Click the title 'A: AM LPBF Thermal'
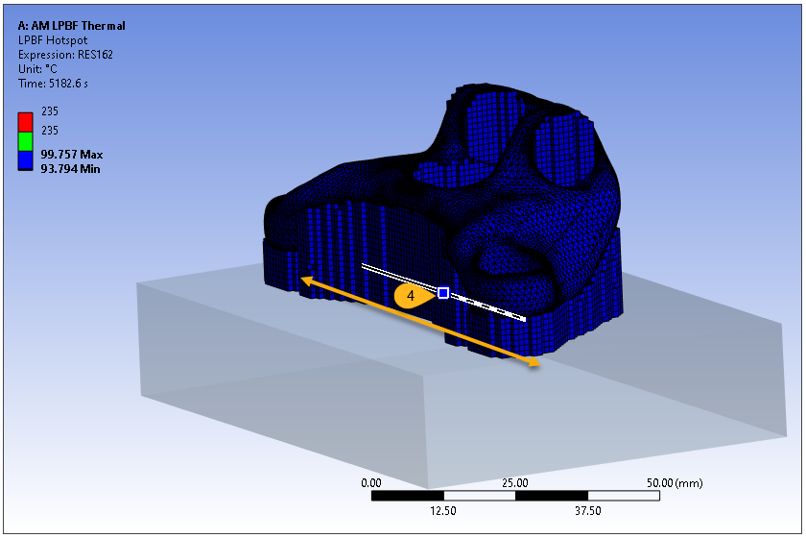pyautogui.click(x=71, y=26)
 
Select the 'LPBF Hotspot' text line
pyautogui.click(x=53, y=40)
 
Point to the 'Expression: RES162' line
pyautogui.click(x=65, y=55)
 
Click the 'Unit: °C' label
pyautogui.click(x=37, y=69)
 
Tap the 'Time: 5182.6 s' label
pyautogui.click(x=53, y=84)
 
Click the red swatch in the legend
pyautogui.click(x=25, y=122)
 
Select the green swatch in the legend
pyautogui.click(x=25, y=141)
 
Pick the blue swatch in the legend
pyautogui.click(x=25, y=160)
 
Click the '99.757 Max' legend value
pyautogui.click(x=71, y=155)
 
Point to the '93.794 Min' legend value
pyautogui.click(x=70, y=169)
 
